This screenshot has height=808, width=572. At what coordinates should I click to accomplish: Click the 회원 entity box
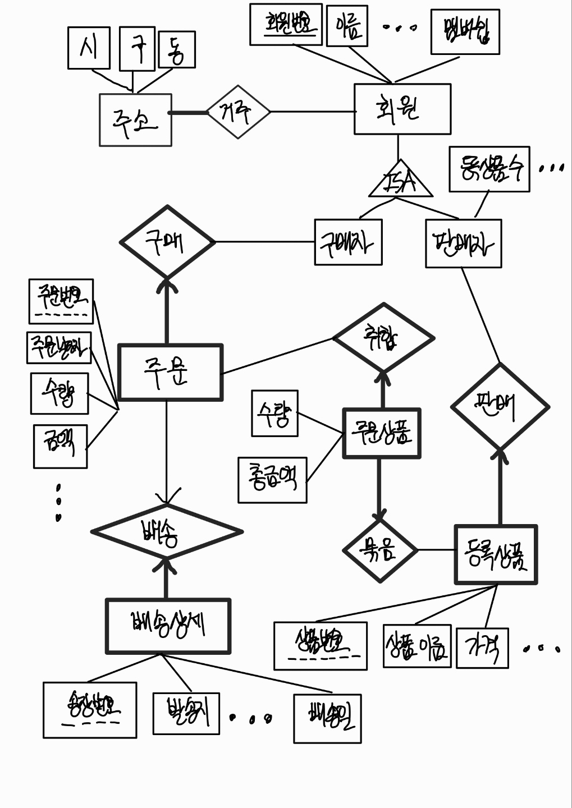coord(402,109)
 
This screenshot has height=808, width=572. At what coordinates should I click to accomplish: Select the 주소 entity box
coord(135,120)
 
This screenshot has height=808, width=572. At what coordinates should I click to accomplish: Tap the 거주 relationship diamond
coord(238,112)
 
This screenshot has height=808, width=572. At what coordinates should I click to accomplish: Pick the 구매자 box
coord(348,242)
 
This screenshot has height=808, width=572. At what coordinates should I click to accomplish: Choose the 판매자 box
coord(463,244)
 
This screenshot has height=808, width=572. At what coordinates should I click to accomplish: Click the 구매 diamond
coord(167,242)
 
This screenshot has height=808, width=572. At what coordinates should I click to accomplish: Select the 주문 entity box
coord(170,372)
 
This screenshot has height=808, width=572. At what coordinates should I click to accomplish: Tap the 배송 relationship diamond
coord(167,531)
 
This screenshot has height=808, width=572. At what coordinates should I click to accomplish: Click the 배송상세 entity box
coord(168,626)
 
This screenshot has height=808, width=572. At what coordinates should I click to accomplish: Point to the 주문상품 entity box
coord(382,433)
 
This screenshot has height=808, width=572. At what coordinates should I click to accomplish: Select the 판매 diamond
coord(500,406)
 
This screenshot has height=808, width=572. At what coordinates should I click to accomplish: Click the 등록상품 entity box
coord(496,554)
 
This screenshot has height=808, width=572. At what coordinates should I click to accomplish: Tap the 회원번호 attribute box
coord(286,24)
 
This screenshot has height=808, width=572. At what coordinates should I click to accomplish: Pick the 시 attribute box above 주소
coord(88,48)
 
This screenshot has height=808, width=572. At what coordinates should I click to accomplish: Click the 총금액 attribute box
coord(272,480)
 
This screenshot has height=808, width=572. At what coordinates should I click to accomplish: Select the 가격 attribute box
coord(482,648)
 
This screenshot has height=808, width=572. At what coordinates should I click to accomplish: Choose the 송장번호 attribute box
coord(90,709)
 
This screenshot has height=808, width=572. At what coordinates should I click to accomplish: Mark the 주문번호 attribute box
coord(61,301)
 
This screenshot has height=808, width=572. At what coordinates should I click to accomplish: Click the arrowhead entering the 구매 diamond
coord(167,285)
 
